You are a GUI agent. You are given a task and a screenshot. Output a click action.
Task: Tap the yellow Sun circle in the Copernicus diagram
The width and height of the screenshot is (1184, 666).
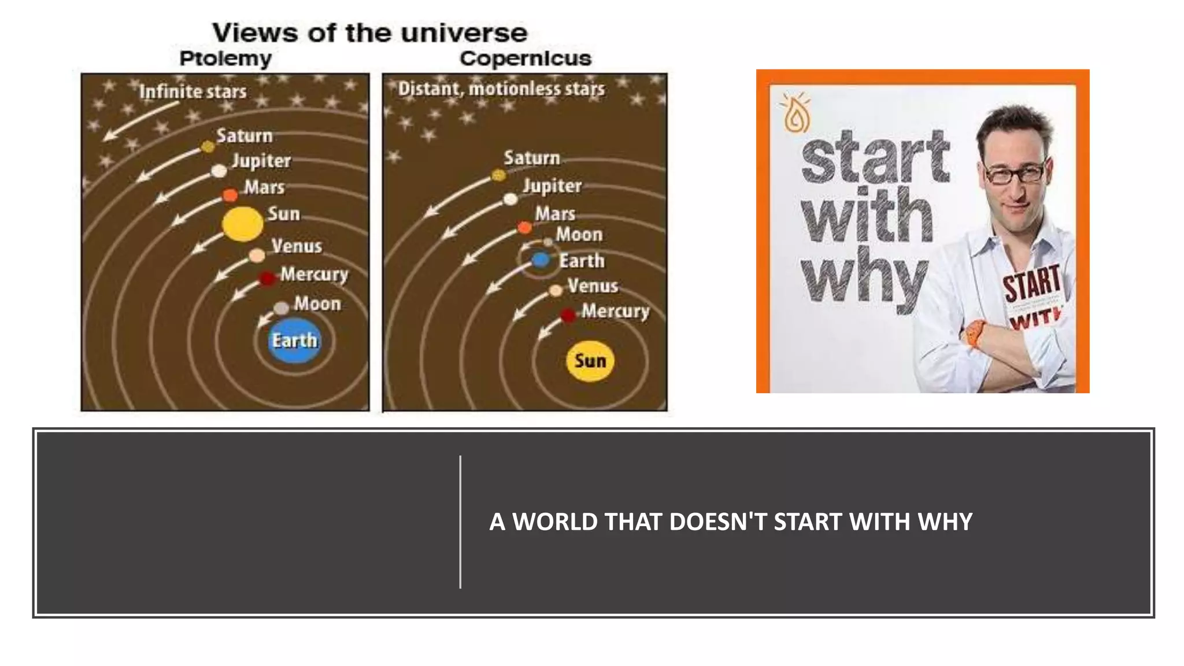click(590, 361)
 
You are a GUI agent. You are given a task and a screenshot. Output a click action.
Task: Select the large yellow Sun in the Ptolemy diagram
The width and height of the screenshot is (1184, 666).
click(243, 224)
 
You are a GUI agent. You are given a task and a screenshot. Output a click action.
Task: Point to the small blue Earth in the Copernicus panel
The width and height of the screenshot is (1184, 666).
click(540, 260)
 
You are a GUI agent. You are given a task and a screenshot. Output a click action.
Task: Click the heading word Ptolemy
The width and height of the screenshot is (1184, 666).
click(225, 58)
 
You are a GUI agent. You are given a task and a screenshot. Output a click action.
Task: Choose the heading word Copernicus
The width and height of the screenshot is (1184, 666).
click(525, 58)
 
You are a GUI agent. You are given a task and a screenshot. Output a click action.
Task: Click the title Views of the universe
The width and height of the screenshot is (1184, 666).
click(369, 33)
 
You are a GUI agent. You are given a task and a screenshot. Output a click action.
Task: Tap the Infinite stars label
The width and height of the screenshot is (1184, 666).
click(193, 91)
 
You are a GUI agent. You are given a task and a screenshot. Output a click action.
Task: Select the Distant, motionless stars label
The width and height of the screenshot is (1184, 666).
click(501, 88)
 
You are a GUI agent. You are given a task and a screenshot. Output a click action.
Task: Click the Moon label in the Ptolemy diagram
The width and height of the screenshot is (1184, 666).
click(317, 304)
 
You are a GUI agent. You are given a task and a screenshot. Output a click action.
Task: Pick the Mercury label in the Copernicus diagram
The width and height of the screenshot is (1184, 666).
click(615, 311)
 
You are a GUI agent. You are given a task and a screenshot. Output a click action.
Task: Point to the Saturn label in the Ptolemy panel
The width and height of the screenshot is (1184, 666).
click(244, 136)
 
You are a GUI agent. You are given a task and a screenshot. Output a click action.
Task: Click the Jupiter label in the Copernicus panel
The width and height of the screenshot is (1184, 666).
click(552, 186)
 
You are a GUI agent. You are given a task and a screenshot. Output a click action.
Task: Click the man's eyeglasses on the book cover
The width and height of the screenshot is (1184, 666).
click(1016, 172)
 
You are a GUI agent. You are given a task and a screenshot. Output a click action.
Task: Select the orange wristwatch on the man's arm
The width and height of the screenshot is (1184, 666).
click(976, 334)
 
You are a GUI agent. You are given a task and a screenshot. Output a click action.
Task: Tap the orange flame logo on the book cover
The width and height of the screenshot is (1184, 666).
click(796, 113)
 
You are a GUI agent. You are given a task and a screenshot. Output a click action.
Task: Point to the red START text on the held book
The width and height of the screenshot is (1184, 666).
click(1031, 283)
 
